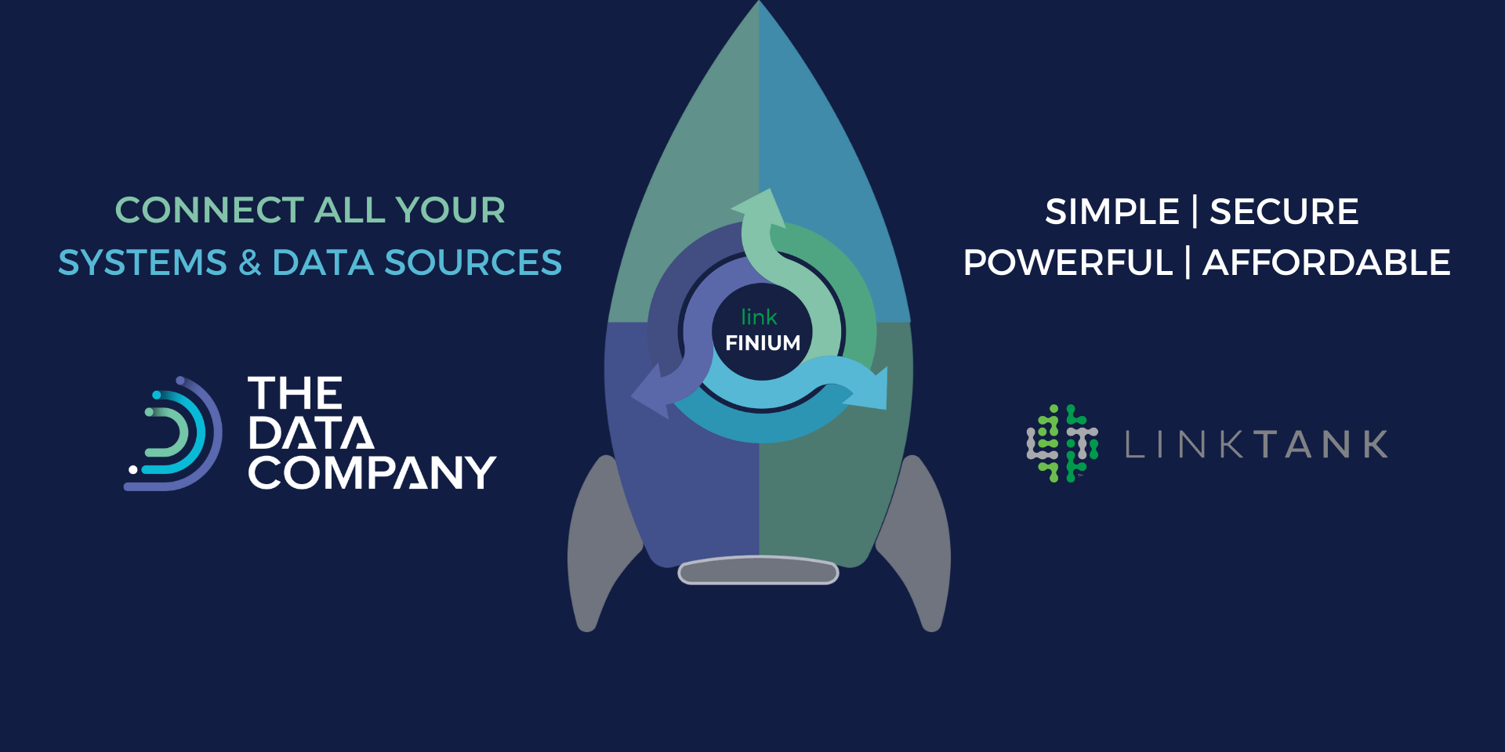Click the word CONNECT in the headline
pos(209,211)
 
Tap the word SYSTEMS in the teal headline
pos(142,263)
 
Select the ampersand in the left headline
pos(250,263)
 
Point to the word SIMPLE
pos(1112,212)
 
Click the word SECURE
pos(1284,212)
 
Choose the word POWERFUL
pos(1068,263)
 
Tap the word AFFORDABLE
pos(1326,263)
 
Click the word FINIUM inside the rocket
pos(763,343)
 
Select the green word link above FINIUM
pos(759,317)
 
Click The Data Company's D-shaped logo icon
pos(174,434)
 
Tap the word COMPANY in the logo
pos(372,473)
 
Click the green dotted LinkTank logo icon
pos(1062,443)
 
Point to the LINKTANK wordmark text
pos(1257,445)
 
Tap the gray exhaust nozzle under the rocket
pos(758,571)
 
